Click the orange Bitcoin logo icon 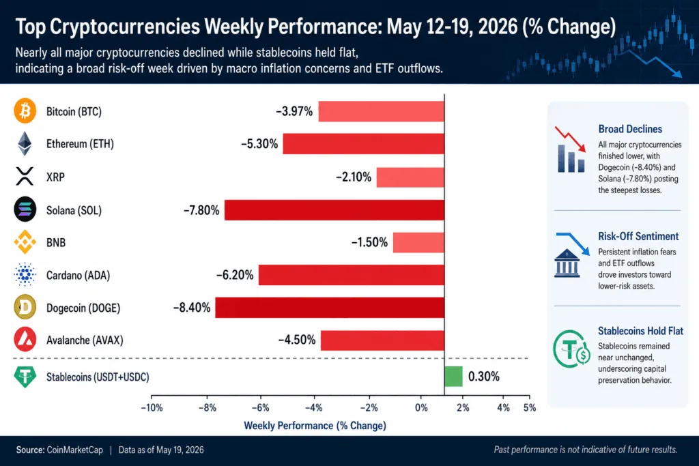click(25, 111)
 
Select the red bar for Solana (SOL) click(334, 210)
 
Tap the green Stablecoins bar click(453, 377)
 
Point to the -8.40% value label click(192, 308)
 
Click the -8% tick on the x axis click(208, 407)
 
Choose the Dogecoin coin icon click(25, 307)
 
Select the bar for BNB click(418, 242)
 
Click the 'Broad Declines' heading click(630, 129)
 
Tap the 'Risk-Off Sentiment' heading click(638, 236)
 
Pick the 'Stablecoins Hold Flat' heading click(640, 331)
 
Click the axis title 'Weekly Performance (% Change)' click(315, 426)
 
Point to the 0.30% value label click(484, 377)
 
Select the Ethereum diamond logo click(25, 143)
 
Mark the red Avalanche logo click(25, 340)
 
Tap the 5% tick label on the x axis click(530, 407)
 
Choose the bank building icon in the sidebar click(567, 263)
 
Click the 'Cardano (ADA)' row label click(78, 276)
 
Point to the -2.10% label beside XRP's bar click(354, 177)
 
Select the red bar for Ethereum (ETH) click(364, 144)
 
